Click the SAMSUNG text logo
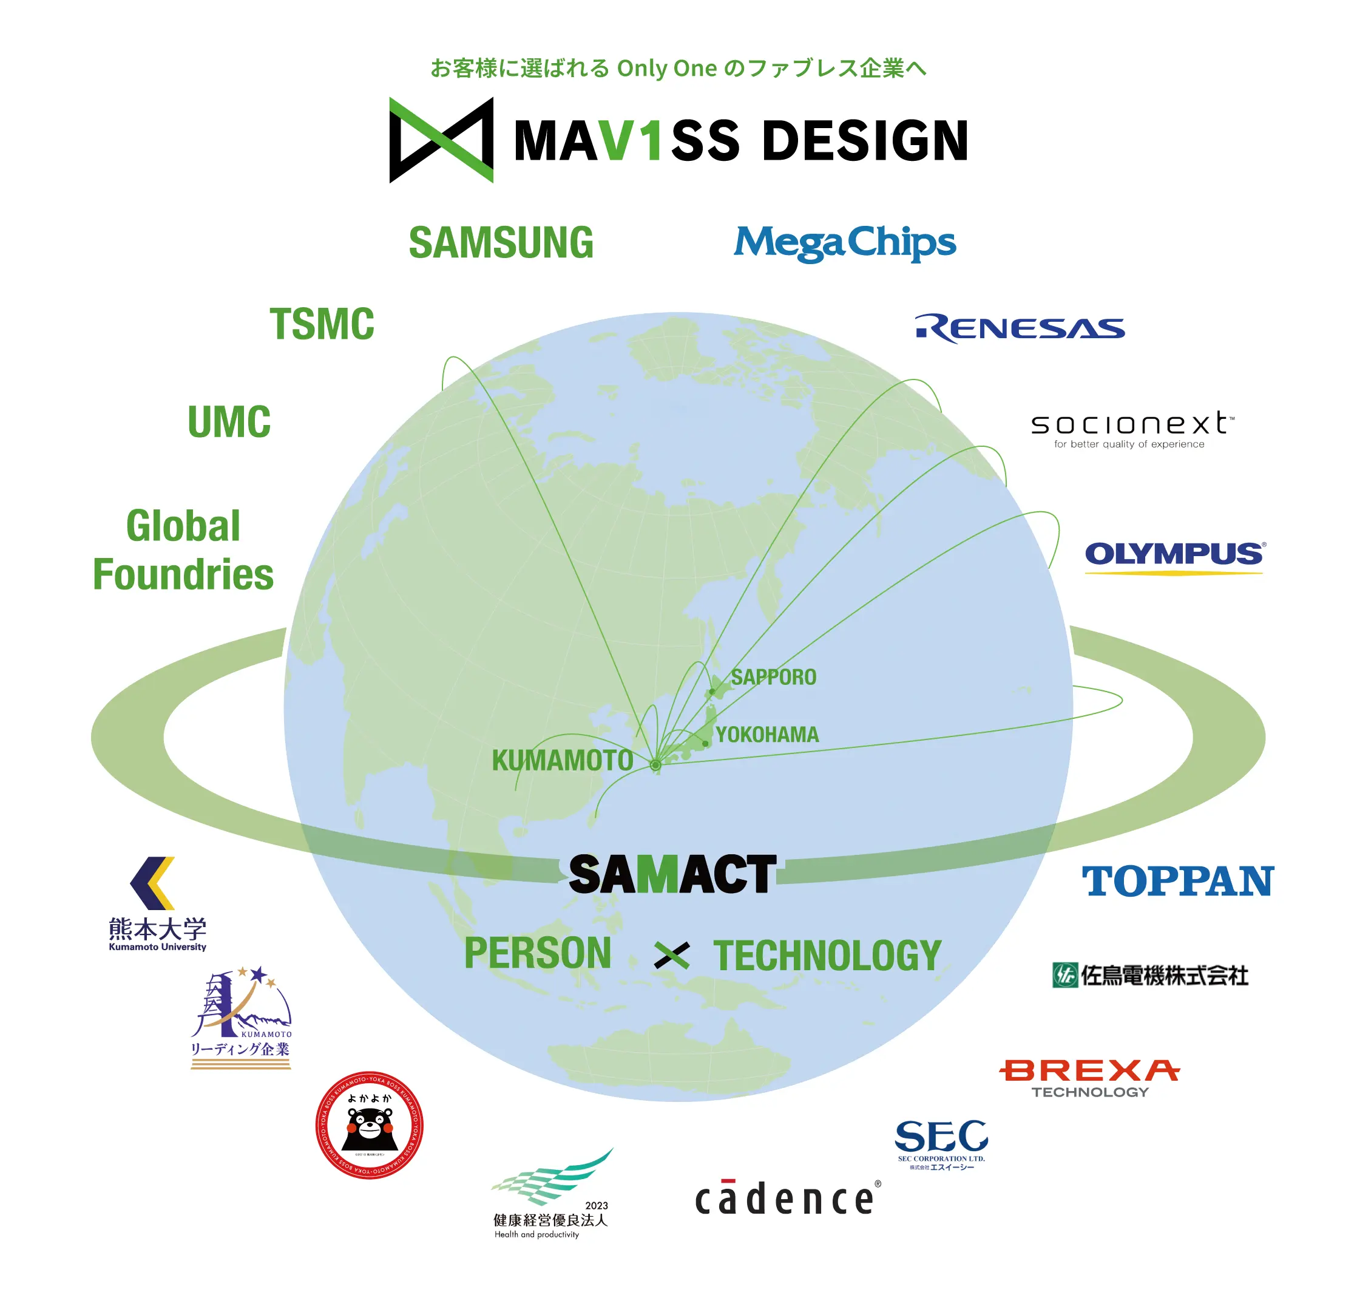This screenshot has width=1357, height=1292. (501, 242)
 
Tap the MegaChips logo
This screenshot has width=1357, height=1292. (844, 242)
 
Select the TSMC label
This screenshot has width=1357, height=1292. (322, 324)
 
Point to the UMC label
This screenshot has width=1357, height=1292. (229, 421)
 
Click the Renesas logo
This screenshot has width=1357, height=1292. (1019, 328)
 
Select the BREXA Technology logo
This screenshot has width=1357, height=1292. (1089, 1078)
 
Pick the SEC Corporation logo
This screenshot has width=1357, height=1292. (941, 1144)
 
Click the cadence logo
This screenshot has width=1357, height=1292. (787, 1199)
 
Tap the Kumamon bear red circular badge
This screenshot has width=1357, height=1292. (369, 1125)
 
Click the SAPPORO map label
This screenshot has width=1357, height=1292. (773, 677)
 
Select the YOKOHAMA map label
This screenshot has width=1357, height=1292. (767, 735)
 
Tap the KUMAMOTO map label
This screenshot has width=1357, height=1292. (562, 761)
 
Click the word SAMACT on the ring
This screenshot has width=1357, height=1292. (672, 875)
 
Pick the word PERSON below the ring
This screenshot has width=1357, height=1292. (538, 953)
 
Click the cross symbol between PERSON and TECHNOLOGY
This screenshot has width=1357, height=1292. (671, 955)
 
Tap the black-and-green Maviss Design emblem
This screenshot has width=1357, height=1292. (441, 140)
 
